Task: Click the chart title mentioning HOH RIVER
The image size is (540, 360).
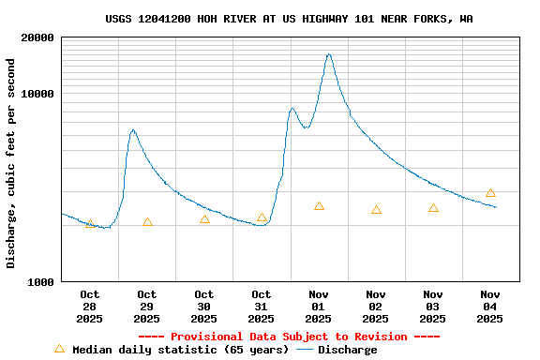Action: pyautogui.click(x=289, y=18)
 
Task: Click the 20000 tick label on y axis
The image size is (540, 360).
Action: pyautogui.click(x=34, y=38)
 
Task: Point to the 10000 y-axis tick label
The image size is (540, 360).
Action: pyautogui.click(x=34, y=95)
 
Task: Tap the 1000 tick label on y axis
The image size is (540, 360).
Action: pyautogui.click(x=37, y=282)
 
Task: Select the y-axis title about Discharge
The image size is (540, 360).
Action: pyautogui.click(x=11, y=163)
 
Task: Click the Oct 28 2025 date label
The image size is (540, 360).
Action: pyautogui.click(x=90, y=307)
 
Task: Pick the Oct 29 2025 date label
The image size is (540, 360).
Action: pyautogui.click(x=147, y=307)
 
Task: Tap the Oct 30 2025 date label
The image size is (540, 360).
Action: pyautogui.click(x=204, y=307)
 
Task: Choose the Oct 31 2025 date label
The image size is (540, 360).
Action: pyautogui.click(x=262, y=307)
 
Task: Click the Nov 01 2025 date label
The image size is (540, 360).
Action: pyautogui.click(x=319, y=307)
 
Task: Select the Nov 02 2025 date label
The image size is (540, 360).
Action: pyautogui.click(x=376, y=307)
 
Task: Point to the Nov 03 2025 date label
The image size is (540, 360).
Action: pyautogui.click(x=433, y=307)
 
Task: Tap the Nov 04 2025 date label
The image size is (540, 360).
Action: pyautogui.click(x=490, y=307)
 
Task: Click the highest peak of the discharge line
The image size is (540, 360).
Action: pyautogui.click(x=329, y=54)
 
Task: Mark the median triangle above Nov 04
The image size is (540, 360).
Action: pyautogui.click(x=490, y=193)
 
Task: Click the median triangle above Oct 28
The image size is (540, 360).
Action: pyautogui.click(x=90, y=224)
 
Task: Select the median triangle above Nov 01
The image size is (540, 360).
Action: pyautogui.click(x=319, y=206)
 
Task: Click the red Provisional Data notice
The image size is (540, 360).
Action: pyautogui.click(x=289, y=337)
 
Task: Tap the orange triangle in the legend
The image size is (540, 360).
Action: pyautogui.click(x=60, y=349)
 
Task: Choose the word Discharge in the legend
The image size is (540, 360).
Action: pyautogui.click(x=347, y=350)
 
